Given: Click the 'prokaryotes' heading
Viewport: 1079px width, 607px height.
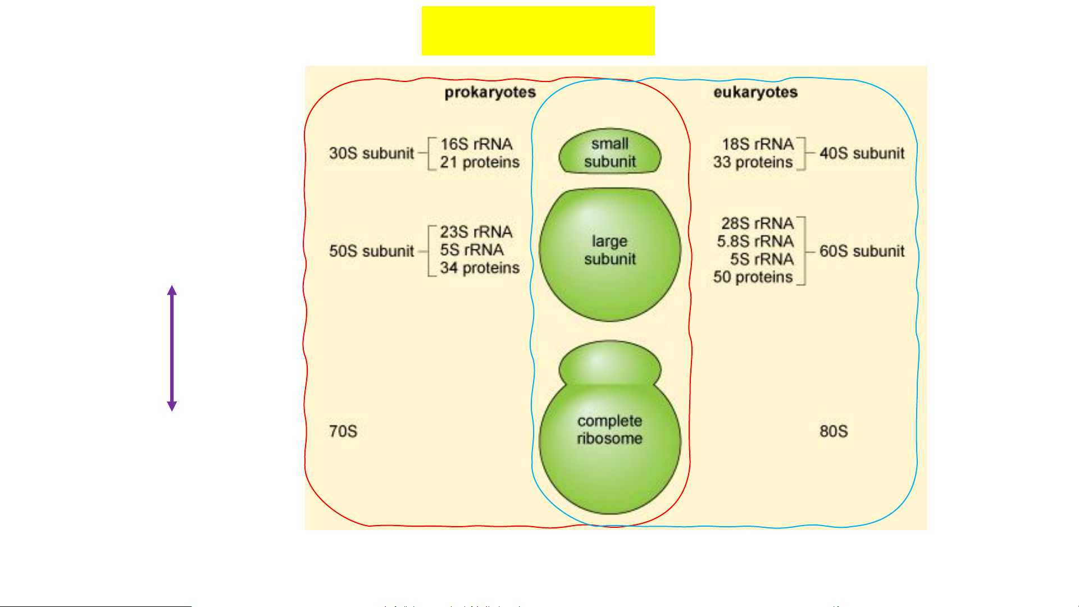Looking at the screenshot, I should click(x=490, y=92).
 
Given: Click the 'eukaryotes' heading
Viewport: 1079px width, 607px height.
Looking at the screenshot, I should click(x=755, y=92).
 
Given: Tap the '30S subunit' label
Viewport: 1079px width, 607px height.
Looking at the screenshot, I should click(x=371, y=153).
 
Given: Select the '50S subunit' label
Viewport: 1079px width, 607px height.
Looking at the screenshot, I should click(x=371, y=251).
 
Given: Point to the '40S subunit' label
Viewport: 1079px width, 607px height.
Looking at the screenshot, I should click(x=862, y=153).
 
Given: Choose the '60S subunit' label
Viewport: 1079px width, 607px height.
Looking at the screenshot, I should click(x=862, y=251).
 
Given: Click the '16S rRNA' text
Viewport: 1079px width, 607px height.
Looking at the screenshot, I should click(x=476, y=144).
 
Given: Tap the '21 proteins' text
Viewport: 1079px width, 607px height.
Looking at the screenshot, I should click(x=480, y=162).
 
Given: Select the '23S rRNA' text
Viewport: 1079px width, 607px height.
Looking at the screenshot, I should click(x=476, y=232).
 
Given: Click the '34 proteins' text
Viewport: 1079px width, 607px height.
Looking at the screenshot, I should click(x=480, y=268).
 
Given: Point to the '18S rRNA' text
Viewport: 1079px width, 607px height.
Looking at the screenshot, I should click(x=758, y=144).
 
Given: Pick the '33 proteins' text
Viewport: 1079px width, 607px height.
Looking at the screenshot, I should click(x=753, y=162).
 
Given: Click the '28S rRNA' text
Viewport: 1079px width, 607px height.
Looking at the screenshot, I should click(x=758, y=223).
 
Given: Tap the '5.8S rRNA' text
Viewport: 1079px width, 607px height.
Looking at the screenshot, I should click(x=755, y=241).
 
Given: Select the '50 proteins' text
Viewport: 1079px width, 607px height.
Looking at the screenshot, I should click(x=753, y=277).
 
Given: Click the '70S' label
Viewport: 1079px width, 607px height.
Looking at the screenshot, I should click(x=343, y=431).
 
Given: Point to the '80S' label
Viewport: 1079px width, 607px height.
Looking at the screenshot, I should click(x=834, y=431).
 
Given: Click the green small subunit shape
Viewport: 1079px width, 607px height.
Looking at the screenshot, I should click(x=610, y=152).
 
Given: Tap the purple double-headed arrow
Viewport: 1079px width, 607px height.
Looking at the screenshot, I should click(x=172, y=348).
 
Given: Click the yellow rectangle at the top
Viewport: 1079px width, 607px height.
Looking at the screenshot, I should click(x=538, y=31).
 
